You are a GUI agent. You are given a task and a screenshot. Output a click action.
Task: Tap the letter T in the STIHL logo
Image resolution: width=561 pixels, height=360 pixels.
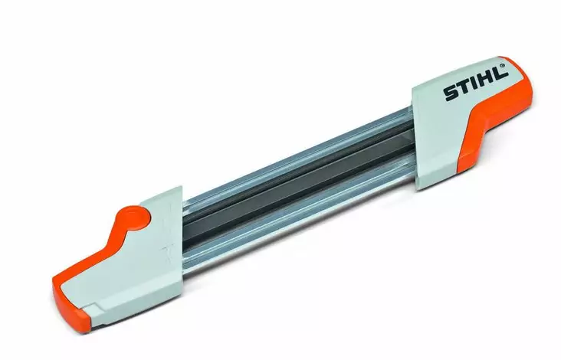click(463, 90)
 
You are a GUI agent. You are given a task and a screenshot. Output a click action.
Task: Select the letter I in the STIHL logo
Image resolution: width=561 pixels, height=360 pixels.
click(474, 86)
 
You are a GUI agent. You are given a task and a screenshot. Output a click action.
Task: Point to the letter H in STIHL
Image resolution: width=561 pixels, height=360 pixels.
click(486, 81)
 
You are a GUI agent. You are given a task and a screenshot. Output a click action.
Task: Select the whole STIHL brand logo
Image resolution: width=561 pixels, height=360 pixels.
click(475, 85)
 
